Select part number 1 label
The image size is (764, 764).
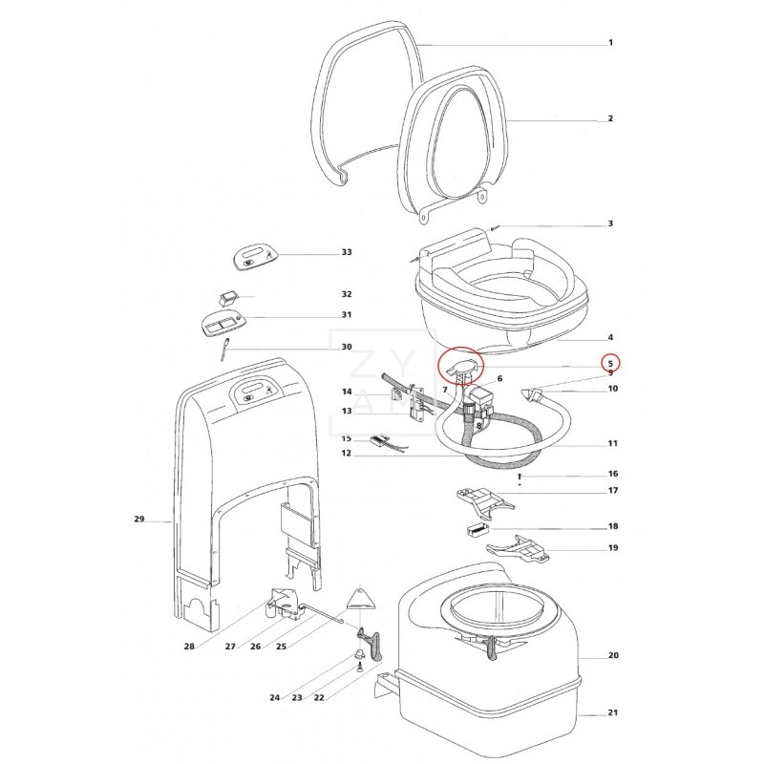pos(611,44)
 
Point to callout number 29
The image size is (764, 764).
pos(138,520)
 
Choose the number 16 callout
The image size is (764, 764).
pos(612,474)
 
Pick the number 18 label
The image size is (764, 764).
pos(612,527)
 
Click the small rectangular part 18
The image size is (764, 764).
pos(479,526)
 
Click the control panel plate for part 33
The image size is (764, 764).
pos(254,255)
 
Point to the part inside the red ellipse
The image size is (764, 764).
pos(461,364)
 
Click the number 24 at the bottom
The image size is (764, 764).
pos(274,698)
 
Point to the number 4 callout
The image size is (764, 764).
pos(611,337)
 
